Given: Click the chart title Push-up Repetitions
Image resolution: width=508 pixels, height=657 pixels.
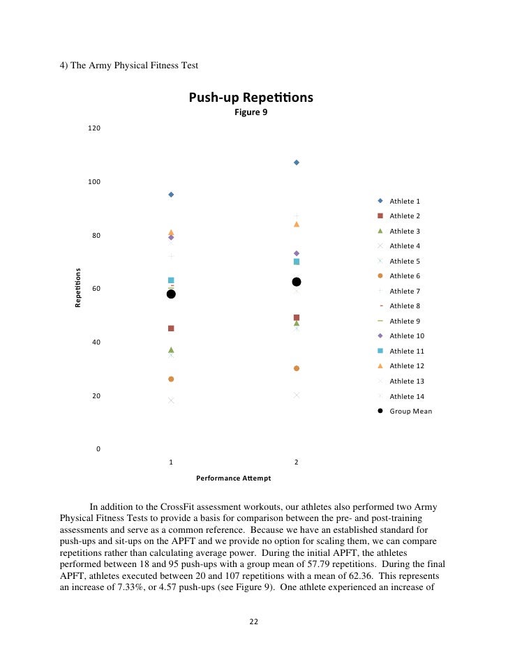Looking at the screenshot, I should pos(251,98).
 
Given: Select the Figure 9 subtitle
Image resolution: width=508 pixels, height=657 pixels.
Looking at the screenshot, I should pos(251,112).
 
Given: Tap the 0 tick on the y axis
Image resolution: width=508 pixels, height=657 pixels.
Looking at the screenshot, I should pos(98,449).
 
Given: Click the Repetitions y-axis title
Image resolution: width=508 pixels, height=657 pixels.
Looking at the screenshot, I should pos(77,288).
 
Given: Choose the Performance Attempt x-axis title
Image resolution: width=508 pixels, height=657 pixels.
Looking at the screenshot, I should pos(233,478).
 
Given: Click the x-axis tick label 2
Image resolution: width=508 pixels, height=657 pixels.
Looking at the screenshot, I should pos(297,462).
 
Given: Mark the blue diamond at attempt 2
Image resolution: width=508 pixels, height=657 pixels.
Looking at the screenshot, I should pos(297,163).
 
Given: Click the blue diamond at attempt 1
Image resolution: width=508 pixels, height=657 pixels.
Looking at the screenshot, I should pos(171,195).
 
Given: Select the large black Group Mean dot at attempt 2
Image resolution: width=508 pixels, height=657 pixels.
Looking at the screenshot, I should pos(297,282).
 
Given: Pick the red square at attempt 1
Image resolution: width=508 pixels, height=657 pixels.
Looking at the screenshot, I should pos(171,328).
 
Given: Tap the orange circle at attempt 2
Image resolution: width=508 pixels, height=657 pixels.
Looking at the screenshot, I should pos(297,368).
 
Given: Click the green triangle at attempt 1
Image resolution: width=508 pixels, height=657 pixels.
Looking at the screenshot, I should pos(171,349).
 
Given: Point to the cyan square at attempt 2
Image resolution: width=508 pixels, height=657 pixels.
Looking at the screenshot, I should pos(297,262).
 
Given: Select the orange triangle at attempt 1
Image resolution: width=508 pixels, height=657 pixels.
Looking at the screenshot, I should pos(171,232).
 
